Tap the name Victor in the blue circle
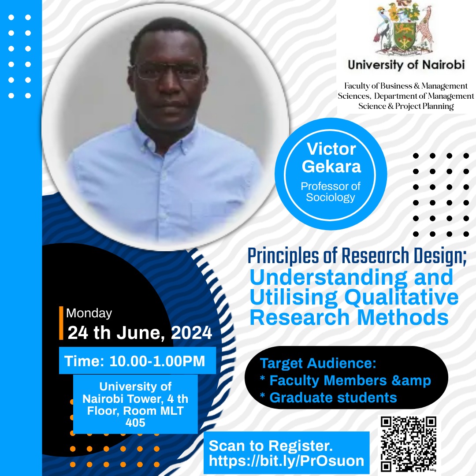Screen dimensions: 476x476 tap(331, 149)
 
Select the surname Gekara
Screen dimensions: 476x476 tap(331, 166)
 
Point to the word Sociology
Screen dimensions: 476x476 tap(330, 197)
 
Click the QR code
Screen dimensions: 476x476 tap(409, 444)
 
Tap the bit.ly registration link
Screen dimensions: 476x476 tap(286, 461)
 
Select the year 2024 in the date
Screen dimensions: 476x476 tap(191, 332)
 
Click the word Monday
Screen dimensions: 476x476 tap(89, 313)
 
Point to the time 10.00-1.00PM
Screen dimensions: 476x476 tap(157, 361)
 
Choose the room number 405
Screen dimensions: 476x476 tap(135, 423)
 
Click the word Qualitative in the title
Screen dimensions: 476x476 tap(402, 298)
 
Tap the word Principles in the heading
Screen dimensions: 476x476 tap(283, 256)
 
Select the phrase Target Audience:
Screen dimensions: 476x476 tap(318, 363)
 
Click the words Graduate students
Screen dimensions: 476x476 tap(333, 398)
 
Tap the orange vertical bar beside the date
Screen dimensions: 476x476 tap(61, 323)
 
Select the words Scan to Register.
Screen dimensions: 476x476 tap(271, 446)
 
